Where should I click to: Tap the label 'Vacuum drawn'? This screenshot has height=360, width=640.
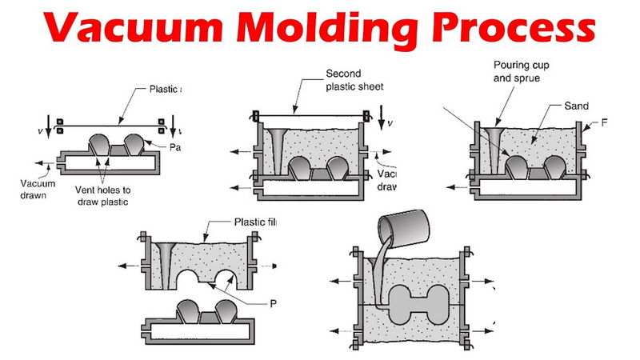[36, 187]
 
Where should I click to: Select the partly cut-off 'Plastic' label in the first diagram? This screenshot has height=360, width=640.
[165, 89]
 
